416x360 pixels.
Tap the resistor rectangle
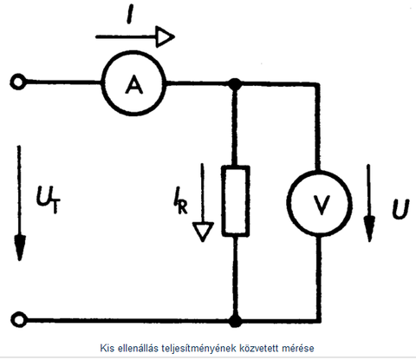236,167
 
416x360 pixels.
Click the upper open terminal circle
18,76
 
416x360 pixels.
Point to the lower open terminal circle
19,313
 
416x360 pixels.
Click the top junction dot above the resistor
235,84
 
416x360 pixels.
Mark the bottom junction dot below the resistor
236,321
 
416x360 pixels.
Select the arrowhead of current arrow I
166,36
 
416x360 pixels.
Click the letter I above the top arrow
130,15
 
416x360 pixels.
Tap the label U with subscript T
48,200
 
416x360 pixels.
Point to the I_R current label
180,200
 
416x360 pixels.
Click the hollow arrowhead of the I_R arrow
203,232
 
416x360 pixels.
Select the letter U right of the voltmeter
400,208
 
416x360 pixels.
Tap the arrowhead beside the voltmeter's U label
369,229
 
